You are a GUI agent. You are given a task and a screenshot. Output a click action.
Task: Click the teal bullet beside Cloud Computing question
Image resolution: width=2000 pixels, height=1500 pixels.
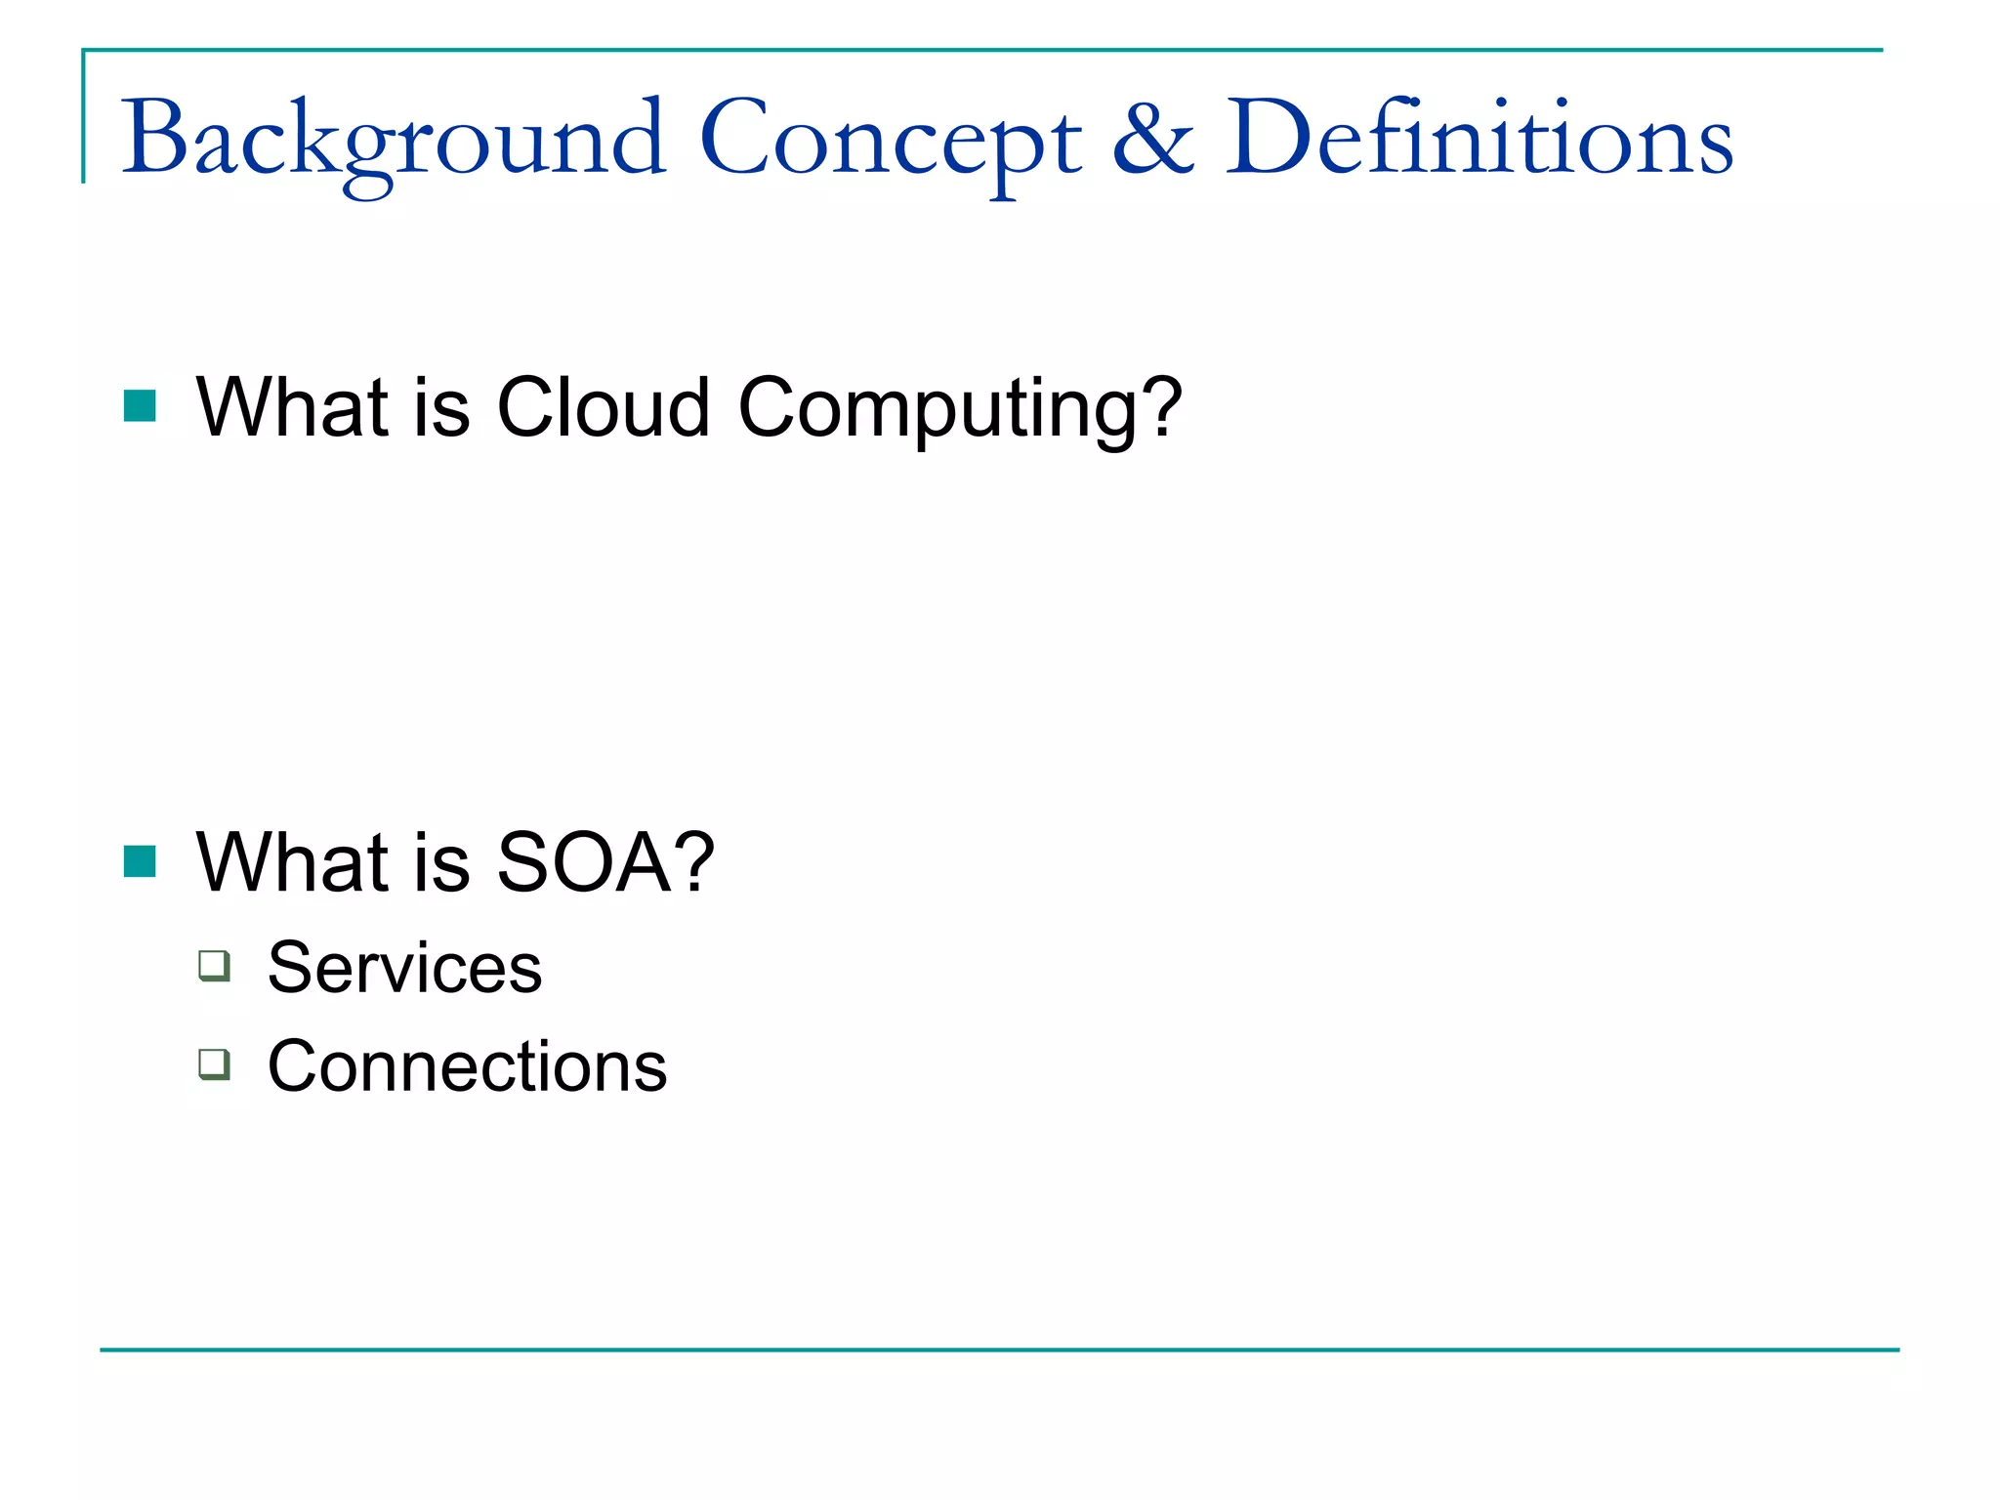click(140, 406)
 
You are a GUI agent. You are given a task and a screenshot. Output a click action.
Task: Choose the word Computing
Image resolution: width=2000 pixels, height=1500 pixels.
click(937, 410)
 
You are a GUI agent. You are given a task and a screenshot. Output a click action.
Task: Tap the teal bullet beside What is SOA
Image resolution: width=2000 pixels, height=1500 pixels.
click(140, 861)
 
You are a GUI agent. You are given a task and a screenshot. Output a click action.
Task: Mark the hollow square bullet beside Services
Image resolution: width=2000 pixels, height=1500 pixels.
click(215, 966)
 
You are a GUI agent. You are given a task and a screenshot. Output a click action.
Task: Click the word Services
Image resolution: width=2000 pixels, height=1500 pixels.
click(404, 968)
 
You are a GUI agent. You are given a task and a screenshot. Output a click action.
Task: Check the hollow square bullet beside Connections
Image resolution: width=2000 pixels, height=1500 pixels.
click(215, 1063)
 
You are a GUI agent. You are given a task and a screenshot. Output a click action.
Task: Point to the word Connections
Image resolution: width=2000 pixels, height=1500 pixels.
click(467, 1065)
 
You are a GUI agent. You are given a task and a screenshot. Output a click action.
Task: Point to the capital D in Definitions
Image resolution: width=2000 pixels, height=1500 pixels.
click(1263, 139)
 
